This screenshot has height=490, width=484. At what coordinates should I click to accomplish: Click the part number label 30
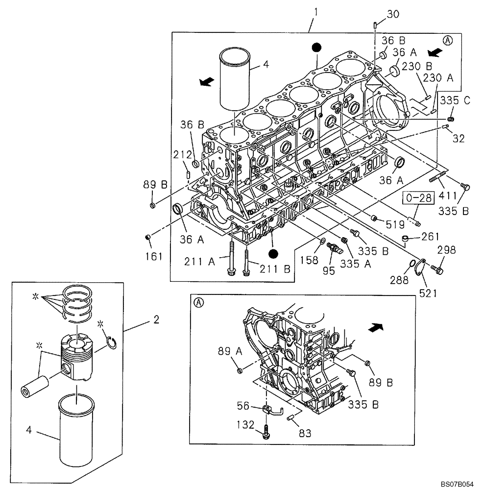coord(393,15)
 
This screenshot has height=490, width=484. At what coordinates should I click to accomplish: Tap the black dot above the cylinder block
coord(317,47)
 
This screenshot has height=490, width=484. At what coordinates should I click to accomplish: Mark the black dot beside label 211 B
coord(274,253)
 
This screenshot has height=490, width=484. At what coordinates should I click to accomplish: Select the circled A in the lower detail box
coord(198,302)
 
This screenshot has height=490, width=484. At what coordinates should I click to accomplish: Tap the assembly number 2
coord(156,320)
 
